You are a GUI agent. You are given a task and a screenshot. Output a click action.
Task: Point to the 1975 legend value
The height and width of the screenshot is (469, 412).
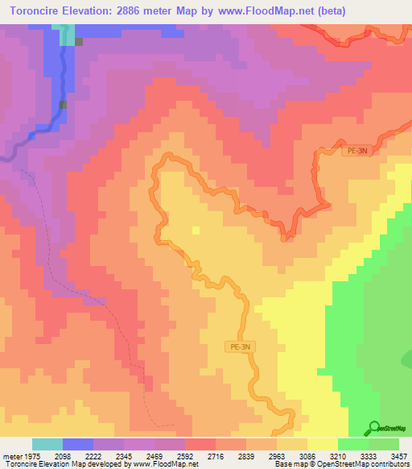[x=41, y=456]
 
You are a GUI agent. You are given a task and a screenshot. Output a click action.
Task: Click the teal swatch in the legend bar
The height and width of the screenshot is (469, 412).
[x=47, y=444]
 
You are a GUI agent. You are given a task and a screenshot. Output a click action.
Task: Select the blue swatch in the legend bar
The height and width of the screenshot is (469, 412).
[x=78, y=444]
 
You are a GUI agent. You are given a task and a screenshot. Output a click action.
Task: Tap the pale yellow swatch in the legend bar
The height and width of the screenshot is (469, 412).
[x=323, y=444]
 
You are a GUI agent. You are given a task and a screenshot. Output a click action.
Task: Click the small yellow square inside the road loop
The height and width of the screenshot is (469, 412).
[x=196, y=230]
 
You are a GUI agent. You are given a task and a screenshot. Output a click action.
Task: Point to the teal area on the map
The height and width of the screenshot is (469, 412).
[x=66, y=34]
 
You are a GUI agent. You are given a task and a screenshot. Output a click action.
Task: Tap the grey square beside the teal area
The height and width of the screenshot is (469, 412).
[x=79, y=42]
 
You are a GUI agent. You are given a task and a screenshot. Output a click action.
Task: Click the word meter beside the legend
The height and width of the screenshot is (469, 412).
[x=13, y=456]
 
